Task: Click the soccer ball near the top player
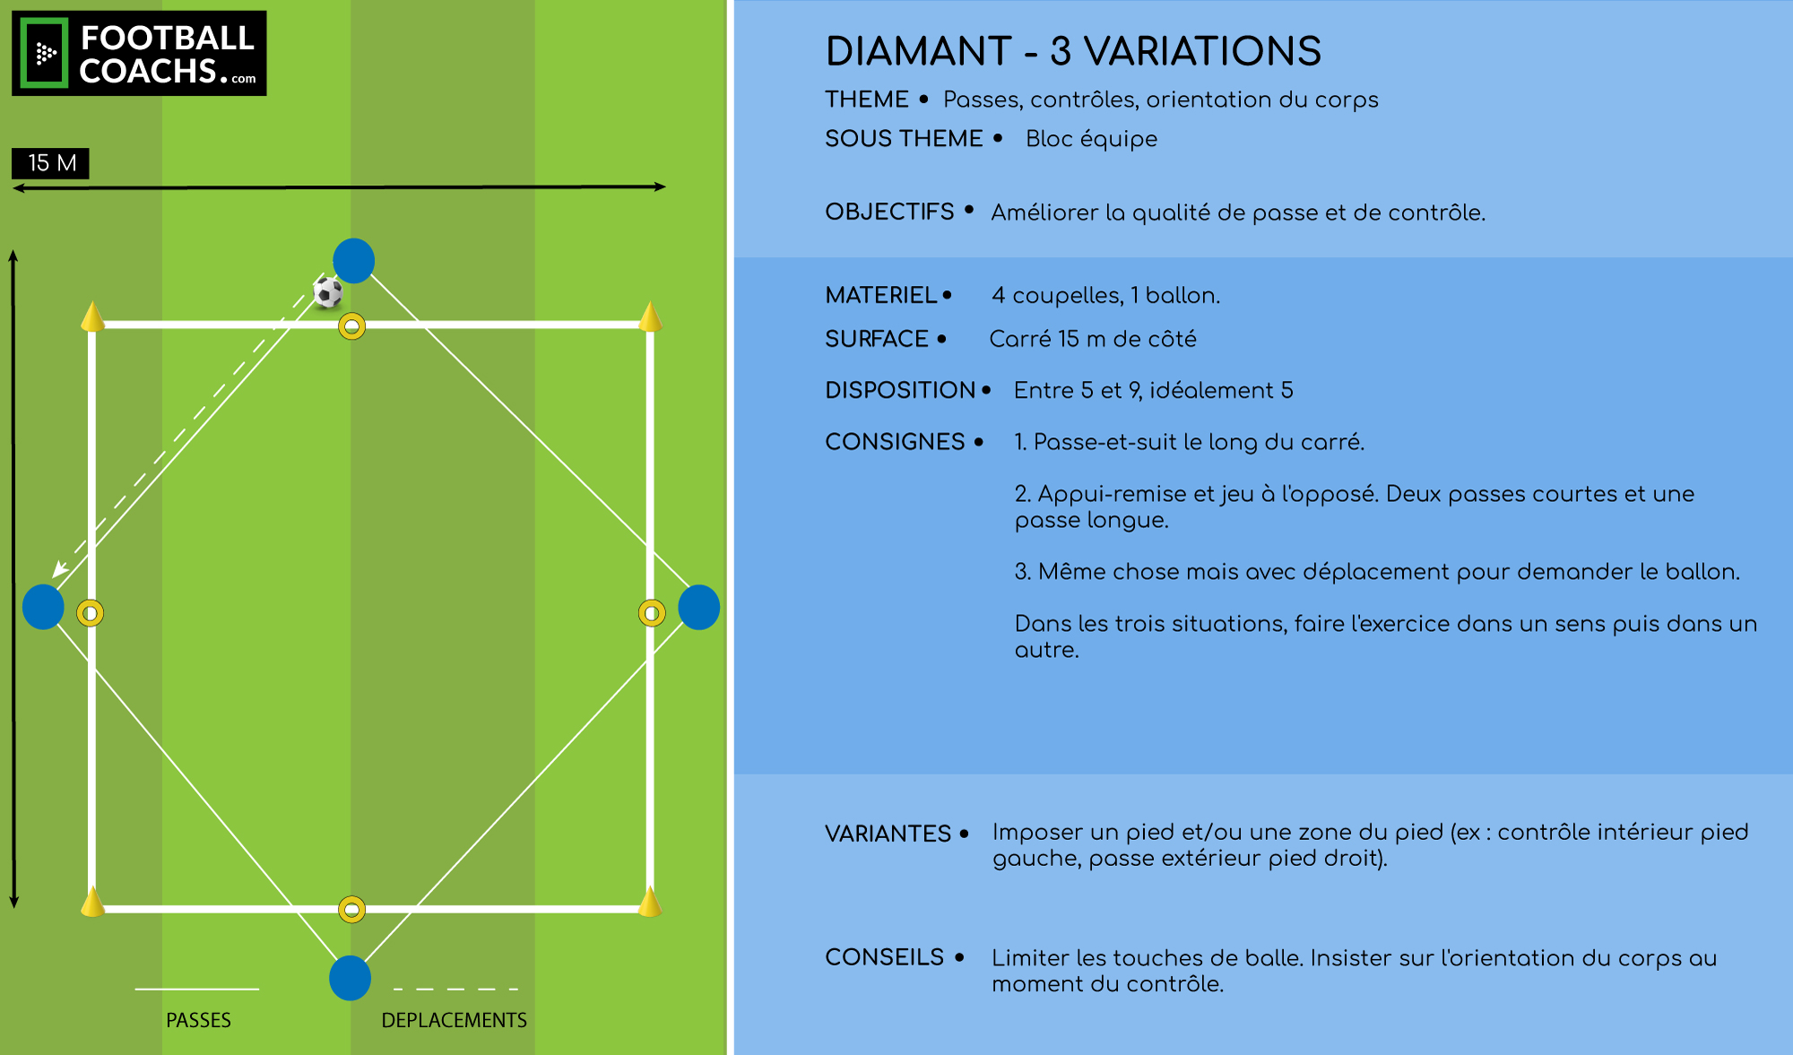point(327,292)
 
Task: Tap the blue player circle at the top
point(354,261)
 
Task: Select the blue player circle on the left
point(43,607)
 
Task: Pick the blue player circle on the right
point(699,607)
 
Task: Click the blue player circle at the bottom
point(351,978)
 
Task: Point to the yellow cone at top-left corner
point(92,317)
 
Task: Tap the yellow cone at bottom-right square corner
point(650,902)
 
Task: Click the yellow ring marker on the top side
point(352,326)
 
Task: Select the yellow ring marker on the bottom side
point(352,910)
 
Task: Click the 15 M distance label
point(51,163)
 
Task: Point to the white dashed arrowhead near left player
point(59,568)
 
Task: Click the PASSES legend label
point(198,1020)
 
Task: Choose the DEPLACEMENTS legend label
point(455,1020)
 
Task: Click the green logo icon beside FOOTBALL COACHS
point(44,54)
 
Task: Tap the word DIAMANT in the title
point(919,51)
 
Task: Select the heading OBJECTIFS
point(889,212)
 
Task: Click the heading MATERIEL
point(881,295)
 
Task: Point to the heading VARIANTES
point(888,834)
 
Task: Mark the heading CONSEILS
point(884,957)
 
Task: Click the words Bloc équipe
point(1091,139)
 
